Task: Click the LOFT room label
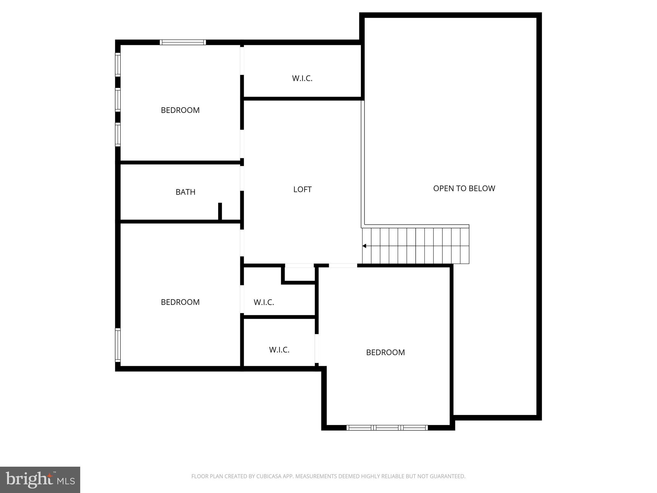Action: [302, 189]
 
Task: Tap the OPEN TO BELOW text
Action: [464, 188]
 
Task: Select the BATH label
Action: [185, 192]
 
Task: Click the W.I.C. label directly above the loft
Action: [302, 78]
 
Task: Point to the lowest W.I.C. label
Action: [279, 350]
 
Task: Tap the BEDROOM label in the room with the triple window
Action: [385, 352]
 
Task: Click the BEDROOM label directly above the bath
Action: [180, 110]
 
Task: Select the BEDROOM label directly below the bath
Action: [180, 302]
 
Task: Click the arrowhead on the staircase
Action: [364, 246]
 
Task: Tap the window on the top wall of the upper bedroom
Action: [183, 42]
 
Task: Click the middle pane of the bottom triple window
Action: [387, 428]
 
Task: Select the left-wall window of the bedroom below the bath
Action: [118, 345]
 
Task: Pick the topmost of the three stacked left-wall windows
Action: [118, 65]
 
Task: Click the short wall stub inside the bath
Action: [220, 211]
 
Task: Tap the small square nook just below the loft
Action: [299, 273]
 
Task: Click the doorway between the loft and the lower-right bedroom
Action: [343, 266]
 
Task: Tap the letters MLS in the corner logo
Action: [66, 481]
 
